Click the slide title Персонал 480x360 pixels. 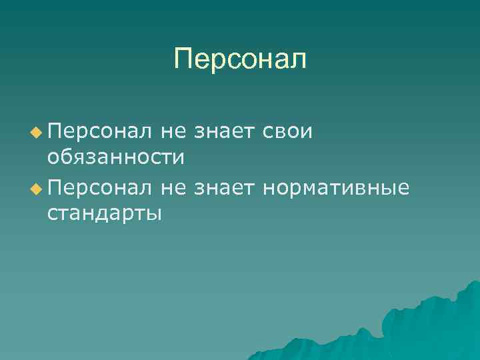point(240,59)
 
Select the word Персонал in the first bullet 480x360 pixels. point(100,131)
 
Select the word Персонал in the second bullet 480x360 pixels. point(100,189)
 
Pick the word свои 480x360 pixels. point(287,132)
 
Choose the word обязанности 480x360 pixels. point(115,158)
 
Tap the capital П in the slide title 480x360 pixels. point(183,59)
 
